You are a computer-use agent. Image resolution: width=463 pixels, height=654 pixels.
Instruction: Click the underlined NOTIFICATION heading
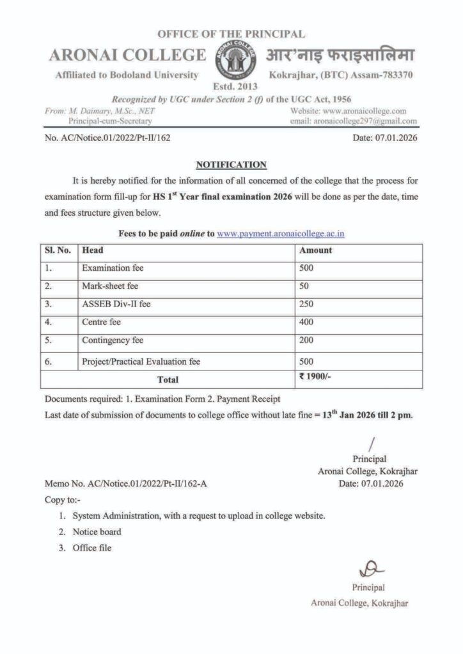[231, 165]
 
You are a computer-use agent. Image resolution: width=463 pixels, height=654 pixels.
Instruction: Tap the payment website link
[281, 234]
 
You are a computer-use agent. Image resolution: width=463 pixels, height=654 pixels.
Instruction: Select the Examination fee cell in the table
[113, 268]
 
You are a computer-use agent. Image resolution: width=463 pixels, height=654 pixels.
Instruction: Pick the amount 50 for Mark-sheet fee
[306, 286]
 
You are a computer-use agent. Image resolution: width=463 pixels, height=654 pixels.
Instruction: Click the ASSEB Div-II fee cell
[116, 305]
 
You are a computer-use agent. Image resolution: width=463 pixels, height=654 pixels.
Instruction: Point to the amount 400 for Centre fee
[308, 323]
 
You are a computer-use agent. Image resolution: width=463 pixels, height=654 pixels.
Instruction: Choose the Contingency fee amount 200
[308, 341]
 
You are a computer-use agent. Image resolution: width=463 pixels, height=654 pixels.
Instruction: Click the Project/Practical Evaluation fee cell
[141, 361]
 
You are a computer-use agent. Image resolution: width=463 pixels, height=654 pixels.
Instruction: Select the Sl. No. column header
[58, 250]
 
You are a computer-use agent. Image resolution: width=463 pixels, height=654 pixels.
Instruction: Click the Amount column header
[316, 250]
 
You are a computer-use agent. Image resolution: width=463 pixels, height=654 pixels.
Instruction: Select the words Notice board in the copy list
[97, 532]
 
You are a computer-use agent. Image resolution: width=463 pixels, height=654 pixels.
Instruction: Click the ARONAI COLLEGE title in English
[127, 56]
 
